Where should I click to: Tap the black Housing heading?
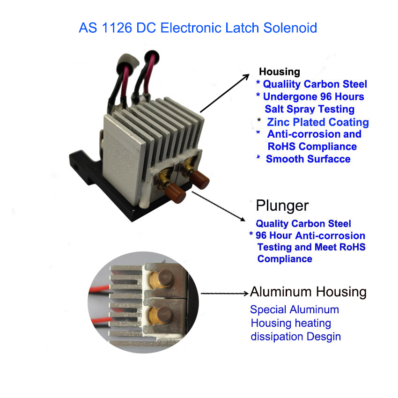pos(280,72)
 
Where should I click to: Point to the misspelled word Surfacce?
pos(327,159)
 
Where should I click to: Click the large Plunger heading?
pos(282,206)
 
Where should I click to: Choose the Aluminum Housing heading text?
pos(308,292)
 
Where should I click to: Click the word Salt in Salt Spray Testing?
pos(275,109)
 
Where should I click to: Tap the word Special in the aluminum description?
pos(268,310)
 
